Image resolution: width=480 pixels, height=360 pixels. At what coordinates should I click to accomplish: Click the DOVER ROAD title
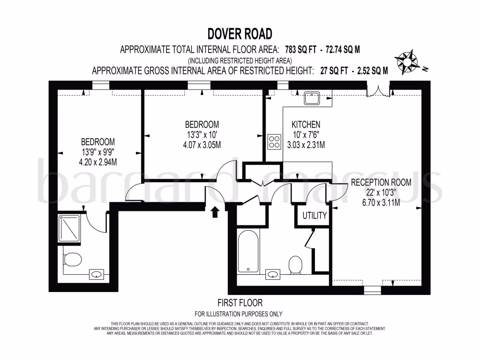tap(240, 34)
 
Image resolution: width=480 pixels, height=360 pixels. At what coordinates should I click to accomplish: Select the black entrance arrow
tap(215, 212)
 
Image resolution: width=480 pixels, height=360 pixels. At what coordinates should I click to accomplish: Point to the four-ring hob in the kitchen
tap(274, 142)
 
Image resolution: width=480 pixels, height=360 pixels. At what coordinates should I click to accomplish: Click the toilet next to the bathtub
tap(295, 265)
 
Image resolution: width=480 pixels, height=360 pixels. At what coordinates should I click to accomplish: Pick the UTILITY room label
tap(314, 216)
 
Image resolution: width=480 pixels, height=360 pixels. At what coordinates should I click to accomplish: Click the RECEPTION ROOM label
tap(381, 183)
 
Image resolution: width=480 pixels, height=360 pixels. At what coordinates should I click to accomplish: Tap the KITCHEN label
tap(306, 125)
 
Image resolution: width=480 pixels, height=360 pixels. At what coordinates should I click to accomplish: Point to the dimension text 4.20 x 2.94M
tap(98, 162)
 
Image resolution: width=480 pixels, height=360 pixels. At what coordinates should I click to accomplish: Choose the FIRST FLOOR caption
tap(240, 303)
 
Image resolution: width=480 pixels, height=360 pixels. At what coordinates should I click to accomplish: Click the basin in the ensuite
tap(97, 274)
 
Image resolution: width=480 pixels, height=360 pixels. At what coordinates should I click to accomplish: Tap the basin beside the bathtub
tap(272, 273)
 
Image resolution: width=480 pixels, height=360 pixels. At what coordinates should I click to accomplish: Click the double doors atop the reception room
tap(378, 90)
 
